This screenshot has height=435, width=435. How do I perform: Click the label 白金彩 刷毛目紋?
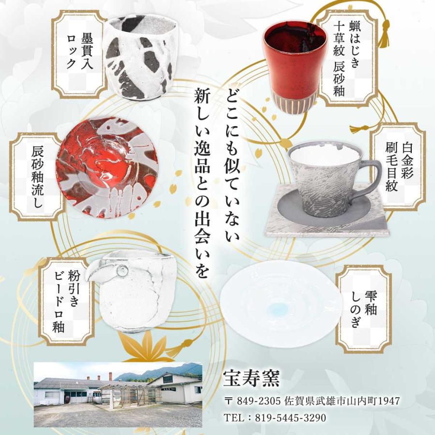[x=399, y=167]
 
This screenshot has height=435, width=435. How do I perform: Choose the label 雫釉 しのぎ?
[x=363, y=309]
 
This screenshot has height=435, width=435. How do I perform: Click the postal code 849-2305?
[x=259, y=402]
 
